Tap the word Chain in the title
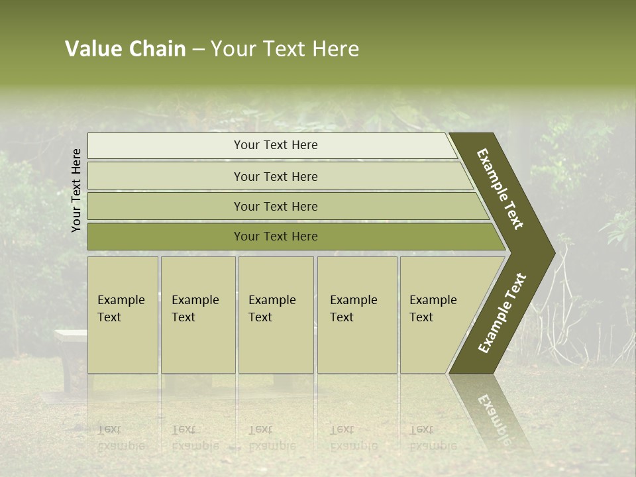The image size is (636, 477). [158, 49]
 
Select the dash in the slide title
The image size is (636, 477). [198, 50]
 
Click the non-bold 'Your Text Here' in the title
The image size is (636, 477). [284, 49]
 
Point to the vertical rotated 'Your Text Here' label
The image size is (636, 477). [76, 190]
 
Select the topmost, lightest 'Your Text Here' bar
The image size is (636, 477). [275, 145]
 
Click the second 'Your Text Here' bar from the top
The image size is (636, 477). [275, 176]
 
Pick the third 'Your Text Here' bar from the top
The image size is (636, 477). [275, 206]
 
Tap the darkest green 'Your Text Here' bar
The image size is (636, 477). [275, 237]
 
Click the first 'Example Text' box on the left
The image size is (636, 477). [123, 315]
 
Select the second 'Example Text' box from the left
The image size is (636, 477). [197, 315]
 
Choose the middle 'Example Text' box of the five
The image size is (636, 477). [276, 315]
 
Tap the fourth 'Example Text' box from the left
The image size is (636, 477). [356, 315]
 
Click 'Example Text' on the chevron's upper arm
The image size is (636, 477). [500, 189]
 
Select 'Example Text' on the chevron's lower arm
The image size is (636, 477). [502, 313]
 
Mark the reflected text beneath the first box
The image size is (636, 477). [121, 437]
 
